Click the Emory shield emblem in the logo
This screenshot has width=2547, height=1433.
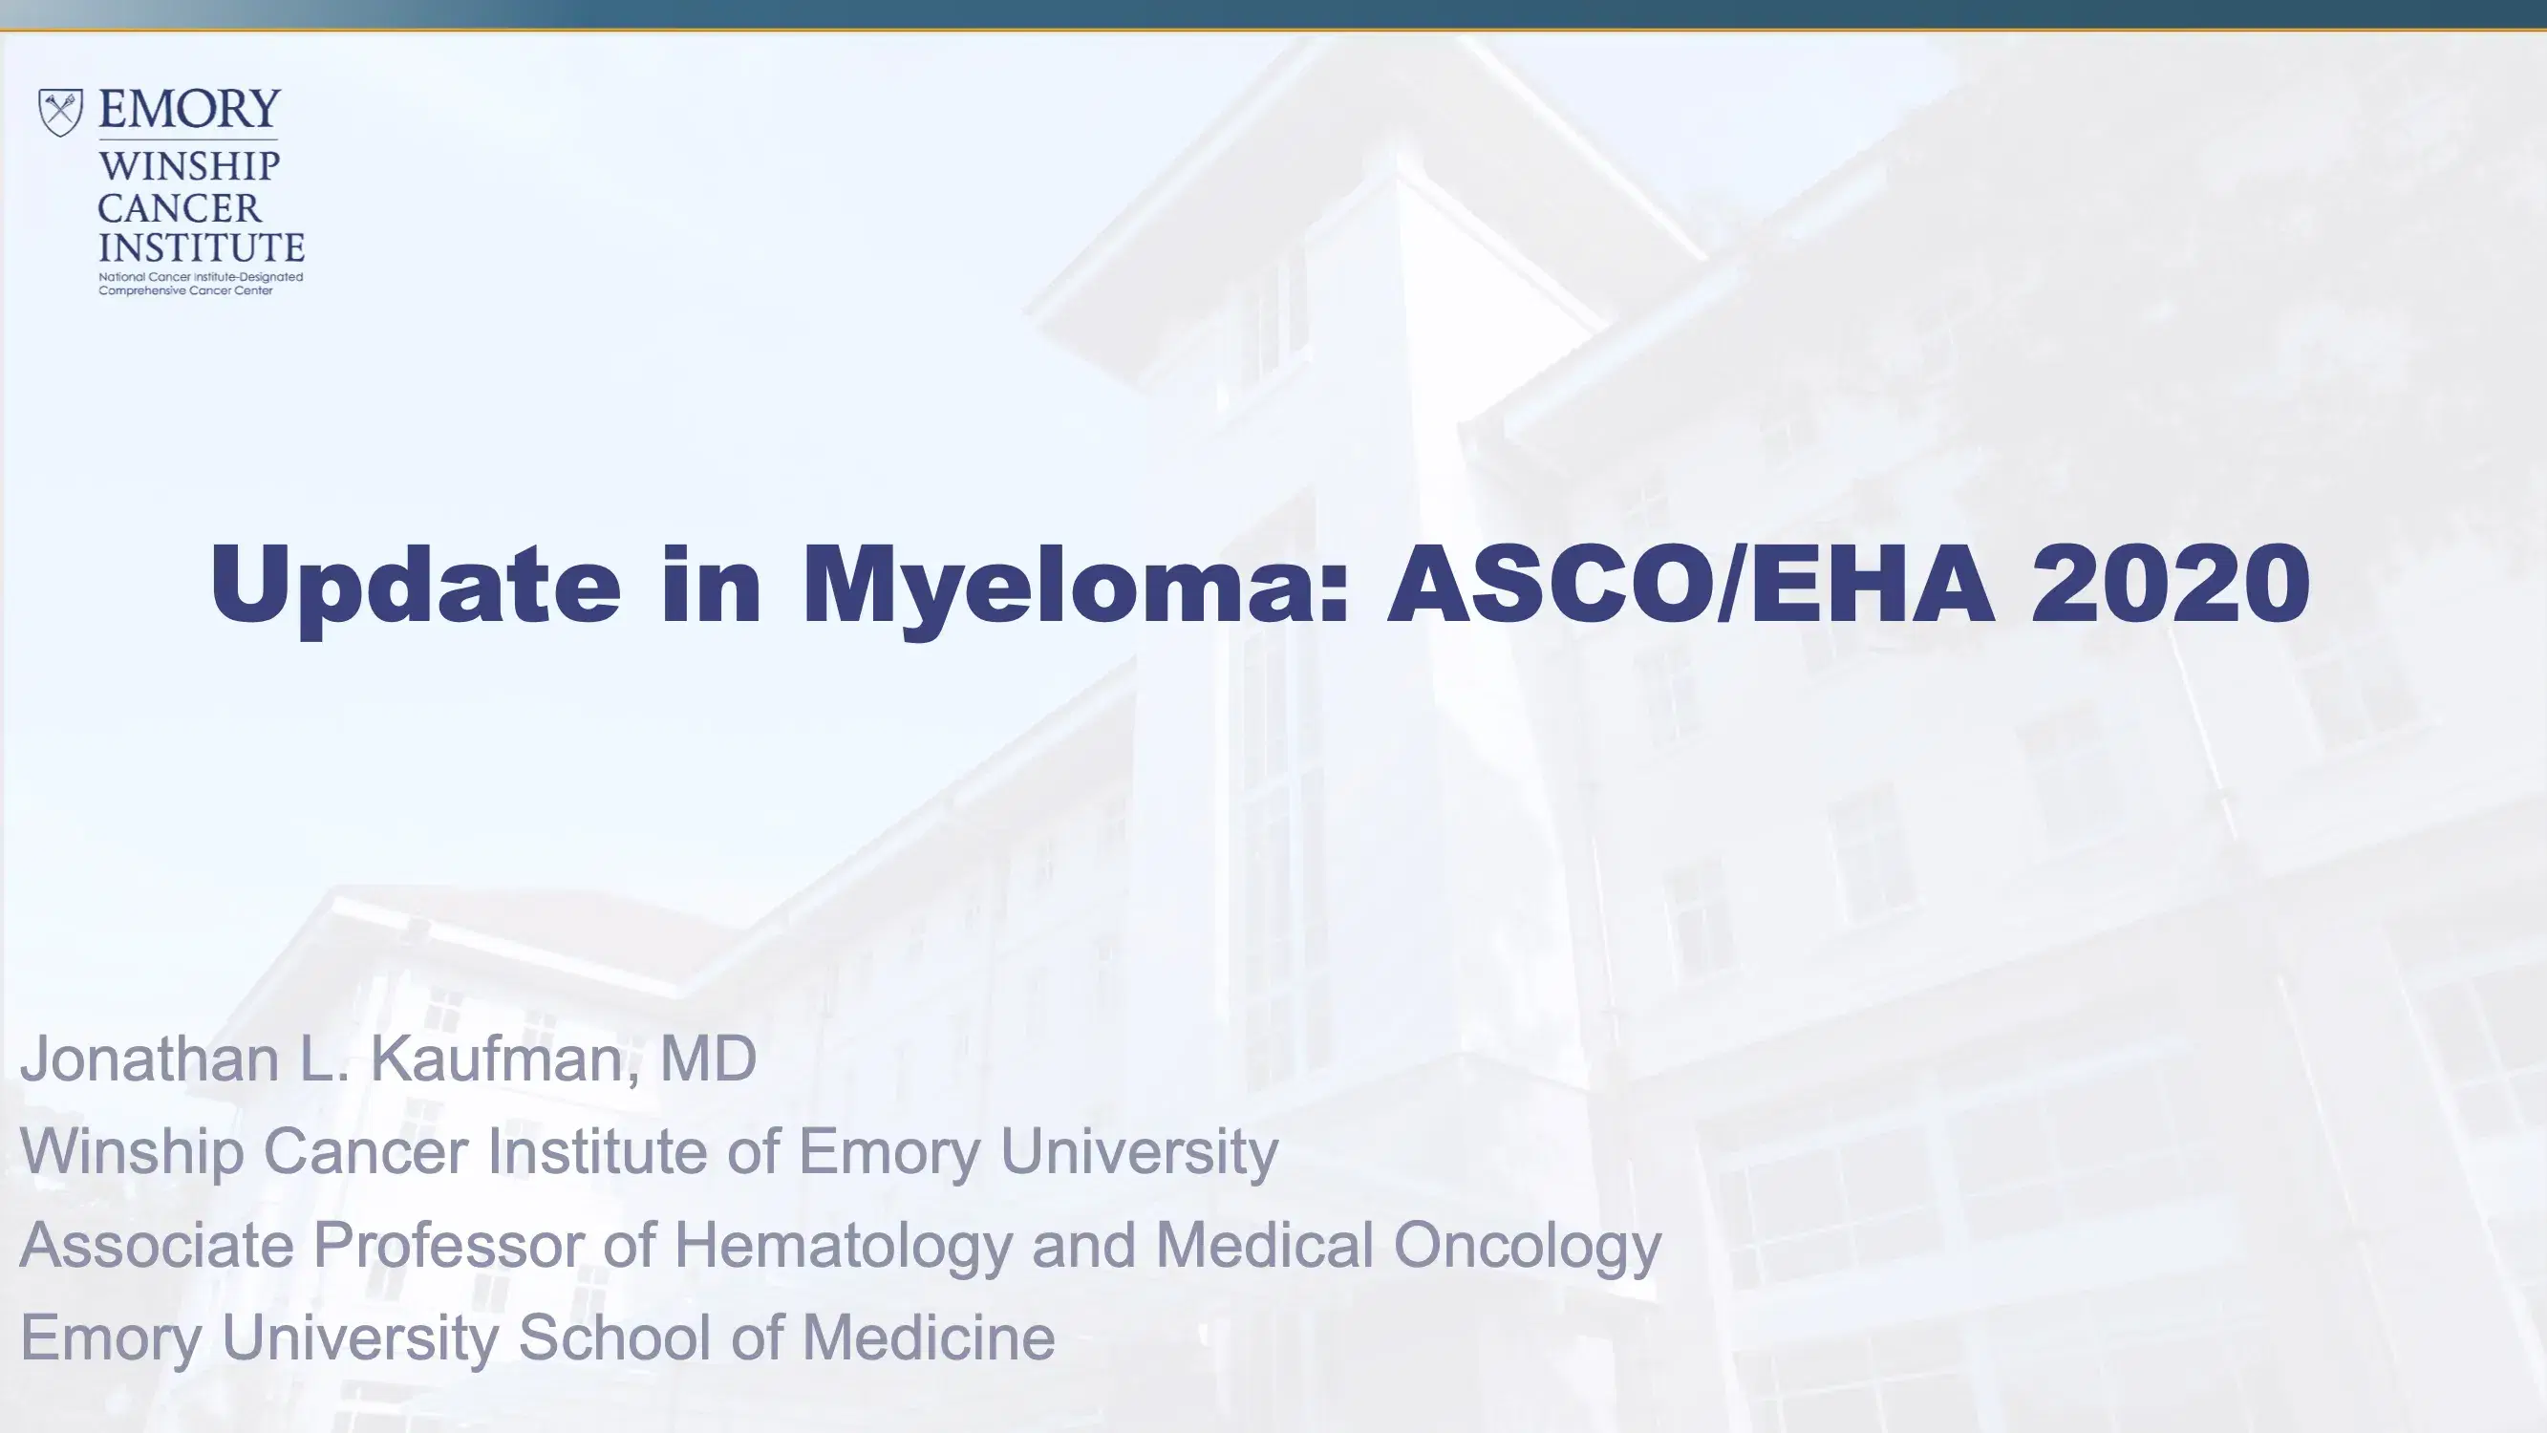point(60,112)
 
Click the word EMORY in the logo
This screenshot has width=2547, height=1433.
point(190,109)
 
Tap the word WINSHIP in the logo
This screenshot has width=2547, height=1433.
point(189,166)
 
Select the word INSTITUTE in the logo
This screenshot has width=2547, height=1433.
point(202,246)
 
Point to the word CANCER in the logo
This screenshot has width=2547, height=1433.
point(179,207)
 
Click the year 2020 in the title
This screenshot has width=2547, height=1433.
point(2172,584)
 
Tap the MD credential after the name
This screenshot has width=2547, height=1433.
point(708,1059)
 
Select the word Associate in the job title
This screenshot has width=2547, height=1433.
point(157,1244)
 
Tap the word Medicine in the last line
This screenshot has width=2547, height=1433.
point(929,1337)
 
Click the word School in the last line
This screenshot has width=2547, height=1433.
point(614,1337)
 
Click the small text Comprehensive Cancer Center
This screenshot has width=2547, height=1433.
point(186,290)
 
